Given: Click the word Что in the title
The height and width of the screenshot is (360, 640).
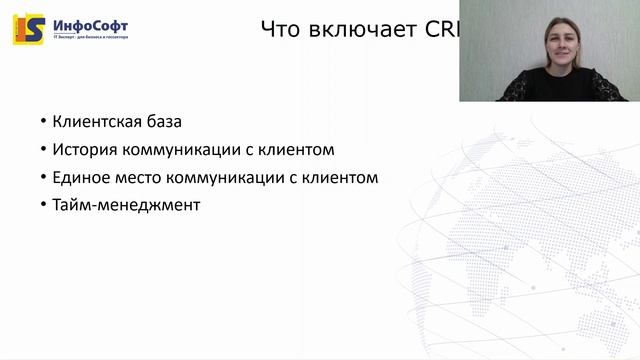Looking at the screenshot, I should pos(281,29).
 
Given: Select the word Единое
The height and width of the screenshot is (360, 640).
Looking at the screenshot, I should pos(80,178).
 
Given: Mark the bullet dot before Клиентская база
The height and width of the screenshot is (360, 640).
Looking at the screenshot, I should pos(43,122).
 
